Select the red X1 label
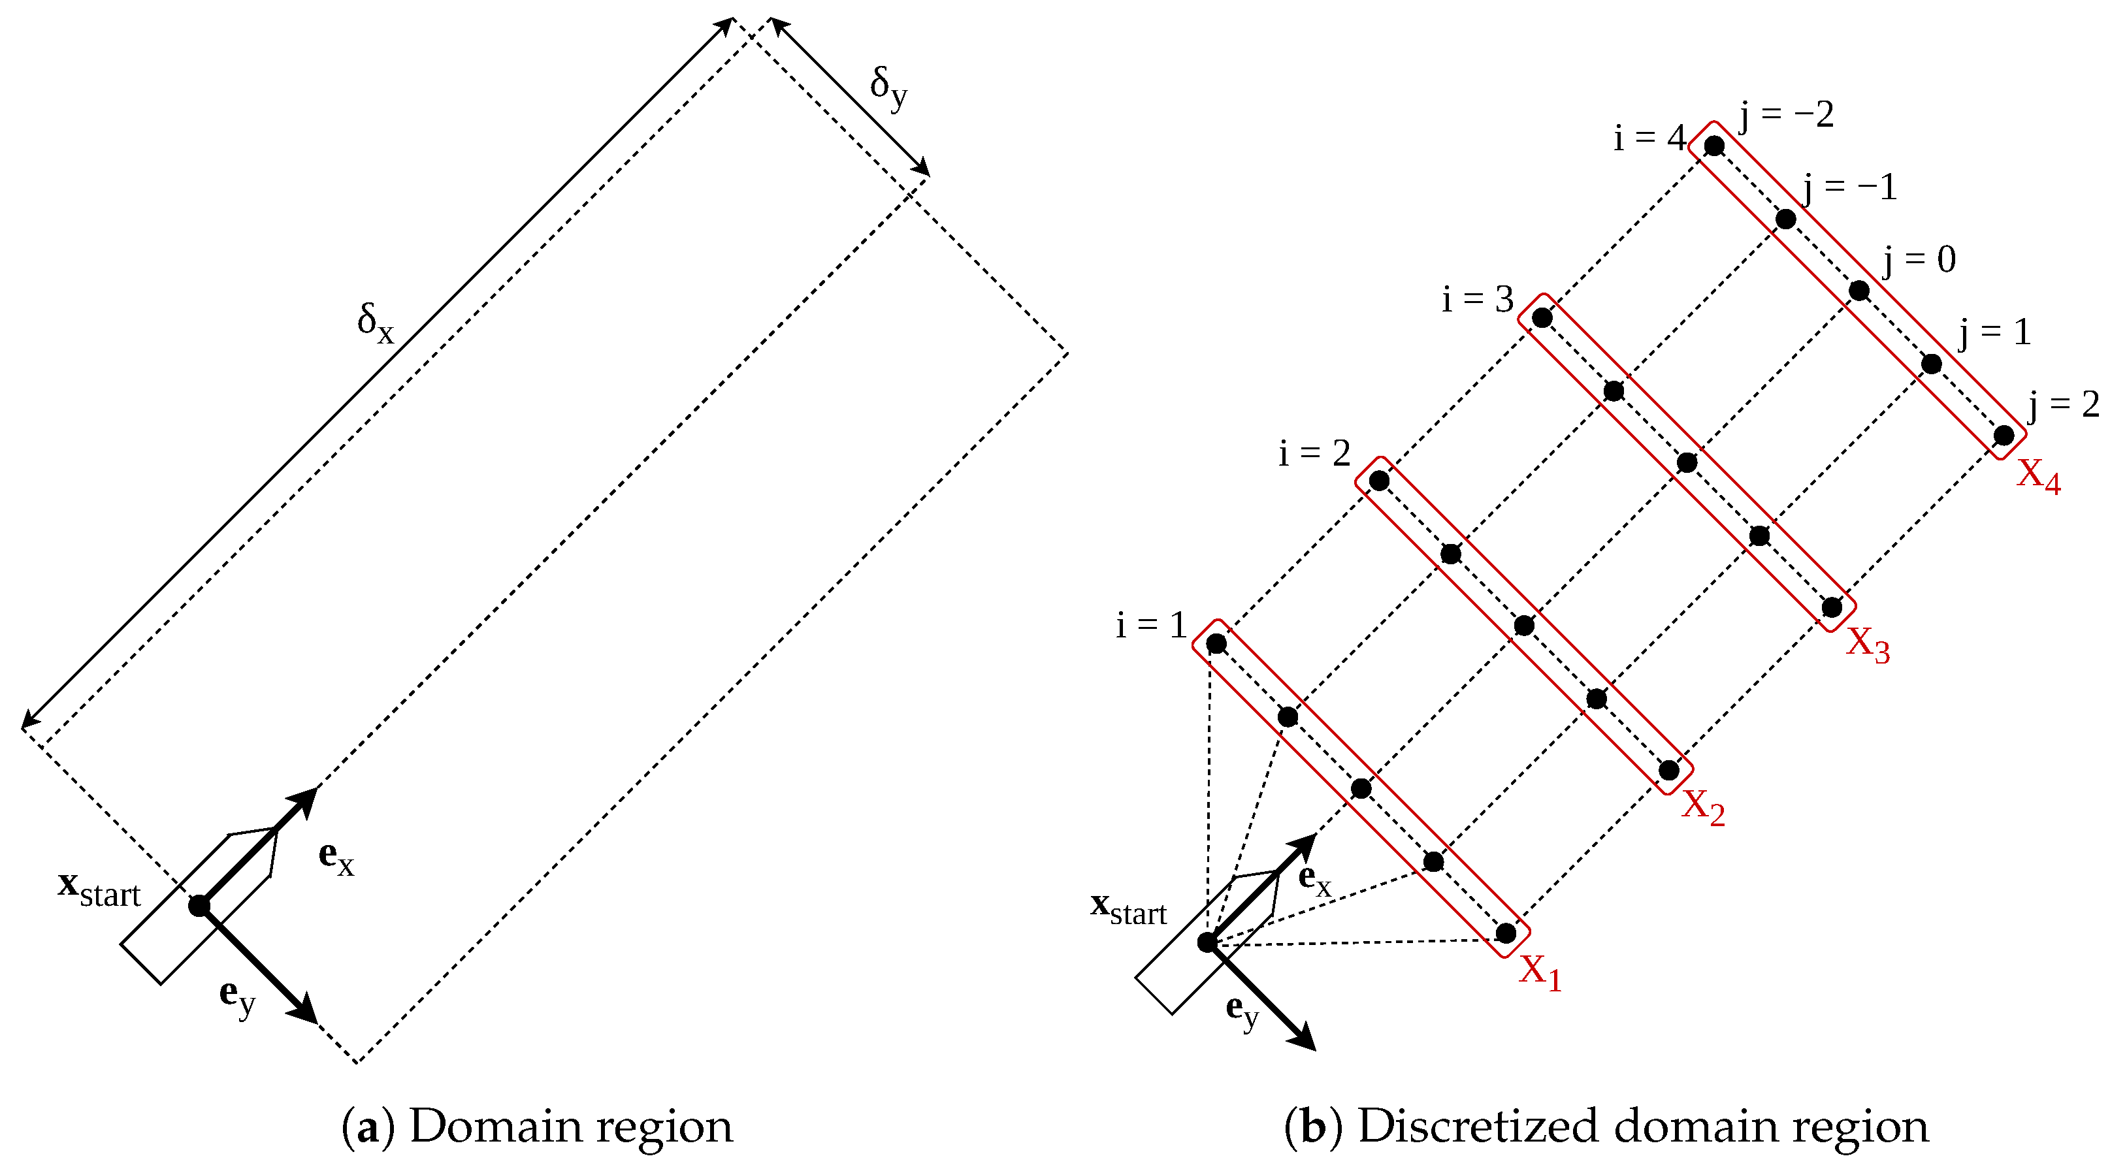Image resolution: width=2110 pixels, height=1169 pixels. point(1540,972)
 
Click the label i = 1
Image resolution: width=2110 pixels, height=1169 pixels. point(1151,626)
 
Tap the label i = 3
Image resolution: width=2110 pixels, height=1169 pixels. point(1478,300)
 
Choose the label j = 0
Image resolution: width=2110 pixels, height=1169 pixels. point(1919,261)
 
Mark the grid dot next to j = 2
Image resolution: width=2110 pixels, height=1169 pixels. point(2004,435)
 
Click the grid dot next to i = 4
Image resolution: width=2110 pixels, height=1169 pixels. point(1713,146)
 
